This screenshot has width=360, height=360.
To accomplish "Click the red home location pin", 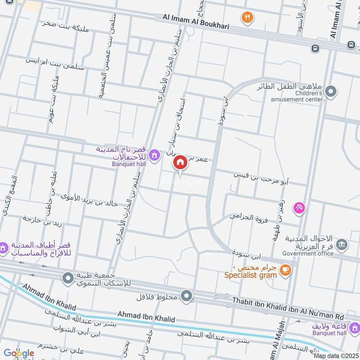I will pos(180,162).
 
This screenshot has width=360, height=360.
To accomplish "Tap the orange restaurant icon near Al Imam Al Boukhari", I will pos(247,18).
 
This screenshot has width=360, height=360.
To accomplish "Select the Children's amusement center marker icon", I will pos(331,91).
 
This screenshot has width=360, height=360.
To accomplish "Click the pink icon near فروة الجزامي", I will pos(299,207).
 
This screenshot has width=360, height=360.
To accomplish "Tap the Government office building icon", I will pos(342,244).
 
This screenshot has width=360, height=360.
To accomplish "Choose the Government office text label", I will pos(308,253).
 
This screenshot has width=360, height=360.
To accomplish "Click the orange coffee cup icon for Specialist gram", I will pos(285,270).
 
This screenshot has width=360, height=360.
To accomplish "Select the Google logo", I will pos(18,353).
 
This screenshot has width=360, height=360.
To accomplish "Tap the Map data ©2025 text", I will pos(336,356).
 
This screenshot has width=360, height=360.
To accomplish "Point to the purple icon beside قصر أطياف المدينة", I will pos(3,247).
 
